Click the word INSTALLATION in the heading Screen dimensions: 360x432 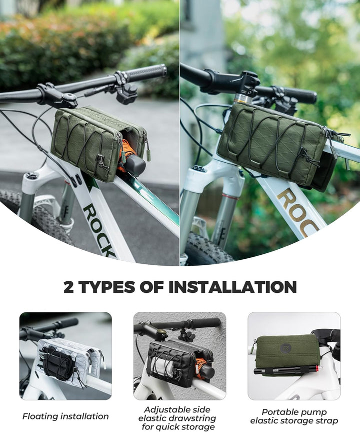[232, 287]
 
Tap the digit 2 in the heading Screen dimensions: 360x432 [68, 287]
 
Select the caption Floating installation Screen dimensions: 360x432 [65, 416]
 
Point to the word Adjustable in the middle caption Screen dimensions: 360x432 [177, 409]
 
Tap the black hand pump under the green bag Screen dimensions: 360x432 [287, 369]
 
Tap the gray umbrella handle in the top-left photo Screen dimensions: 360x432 [135, 164]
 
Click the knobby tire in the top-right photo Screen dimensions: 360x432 [208, 249]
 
